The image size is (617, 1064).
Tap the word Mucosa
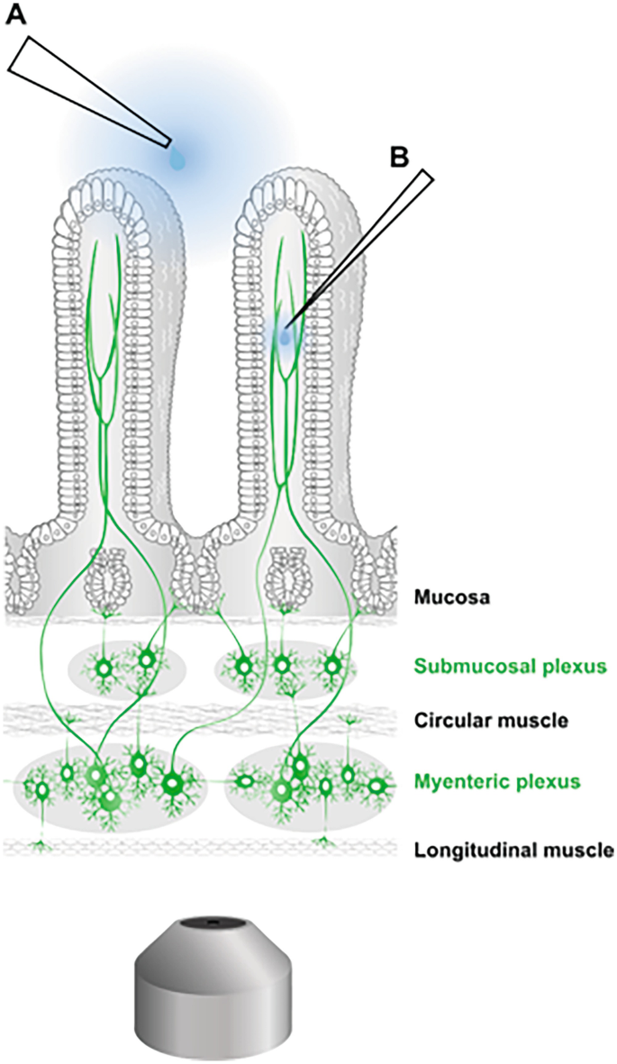click(x=448, y=596)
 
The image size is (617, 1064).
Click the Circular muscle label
click(x=476, y=721)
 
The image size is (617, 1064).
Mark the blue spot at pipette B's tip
click(x=286, y=337)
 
